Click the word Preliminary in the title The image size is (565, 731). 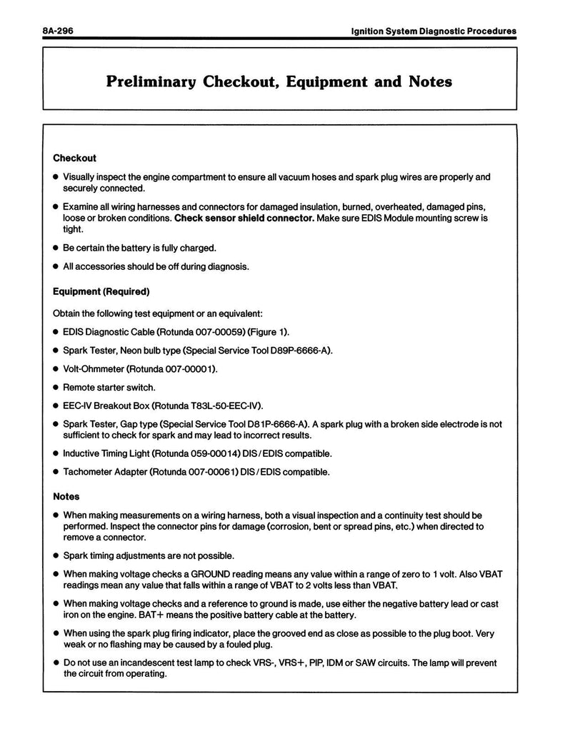[x=153, y=81]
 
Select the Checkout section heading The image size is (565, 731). [x=74, y=158]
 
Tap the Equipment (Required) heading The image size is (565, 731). [x=101, y=291]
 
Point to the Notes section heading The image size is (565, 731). [x=66, y=496]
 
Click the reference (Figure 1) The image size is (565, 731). [x=269, y=332]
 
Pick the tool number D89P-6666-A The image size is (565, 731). [x=299, y=351]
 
